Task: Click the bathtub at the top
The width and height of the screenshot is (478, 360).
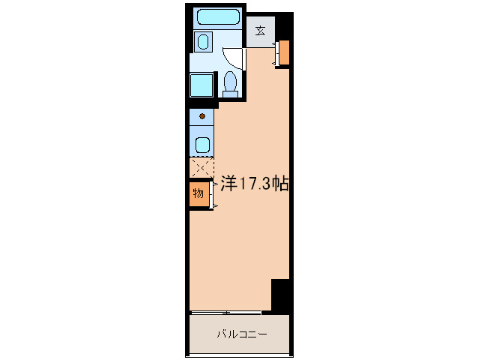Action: click(x=218, y=17)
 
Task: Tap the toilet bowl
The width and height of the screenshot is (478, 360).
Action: click(x=231, y=81)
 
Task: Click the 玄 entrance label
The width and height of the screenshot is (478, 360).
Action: click(x=260, y=31)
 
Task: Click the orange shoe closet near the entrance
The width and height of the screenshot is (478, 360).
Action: click(x=285, y=51)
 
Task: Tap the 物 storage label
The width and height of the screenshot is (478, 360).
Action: click(x=198, y=193)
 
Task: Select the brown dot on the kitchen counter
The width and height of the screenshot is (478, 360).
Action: click(x=202, y=116)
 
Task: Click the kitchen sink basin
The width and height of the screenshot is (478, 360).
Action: click(x=202, y=144)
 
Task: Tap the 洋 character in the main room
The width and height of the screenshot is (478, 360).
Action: click(x=229, y=182)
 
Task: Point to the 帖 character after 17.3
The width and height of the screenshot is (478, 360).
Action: click(x=282, y=182)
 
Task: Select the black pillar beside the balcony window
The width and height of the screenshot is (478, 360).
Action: click(x=280, y=295)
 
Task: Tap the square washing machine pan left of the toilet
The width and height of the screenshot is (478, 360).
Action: click(x=202, y=85)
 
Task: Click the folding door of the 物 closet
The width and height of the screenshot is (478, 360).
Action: click(x=215, y=194)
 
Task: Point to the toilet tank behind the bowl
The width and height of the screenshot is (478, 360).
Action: click(x=231, y=93)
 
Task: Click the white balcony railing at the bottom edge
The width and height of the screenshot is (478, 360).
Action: click(x=240, y=356)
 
